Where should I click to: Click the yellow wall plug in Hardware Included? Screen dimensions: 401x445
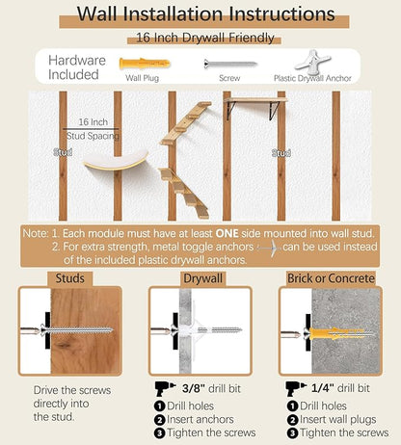(145, 64)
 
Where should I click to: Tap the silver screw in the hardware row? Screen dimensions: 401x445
(230, 64)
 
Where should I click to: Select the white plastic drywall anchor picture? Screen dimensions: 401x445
(312, 62)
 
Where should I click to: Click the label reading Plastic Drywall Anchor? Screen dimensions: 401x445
(312, 78)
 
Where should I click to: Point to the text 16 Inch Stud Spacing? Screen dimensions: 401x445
(93, 129)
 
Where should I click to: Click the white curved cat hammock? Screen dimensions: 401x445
(117, 160)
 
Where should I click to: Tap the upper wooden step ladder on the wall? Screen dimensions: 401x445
(186, 122)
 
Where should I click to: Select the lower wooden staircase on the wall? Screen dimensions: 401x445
(184, 193)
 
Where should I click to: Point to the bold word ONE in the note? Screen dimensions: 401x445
(227, 233)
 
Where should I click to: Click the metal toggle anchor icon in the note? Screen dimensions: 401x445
(269, 249)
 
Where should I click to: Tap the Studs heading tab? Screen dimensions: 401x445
(70, 278)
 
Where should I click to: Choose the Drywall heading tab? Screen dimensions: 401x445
(202, 278)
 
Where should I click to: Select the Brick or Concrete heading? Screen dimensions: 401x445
(331, 278)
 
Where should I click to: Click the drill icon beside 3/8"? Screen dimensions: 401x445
(165, 388)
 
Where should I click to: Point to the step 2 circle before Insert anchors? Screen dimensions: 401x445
(159, 420)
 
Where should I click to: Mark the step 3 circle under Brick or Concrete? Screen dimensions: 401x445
(292, 433)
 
